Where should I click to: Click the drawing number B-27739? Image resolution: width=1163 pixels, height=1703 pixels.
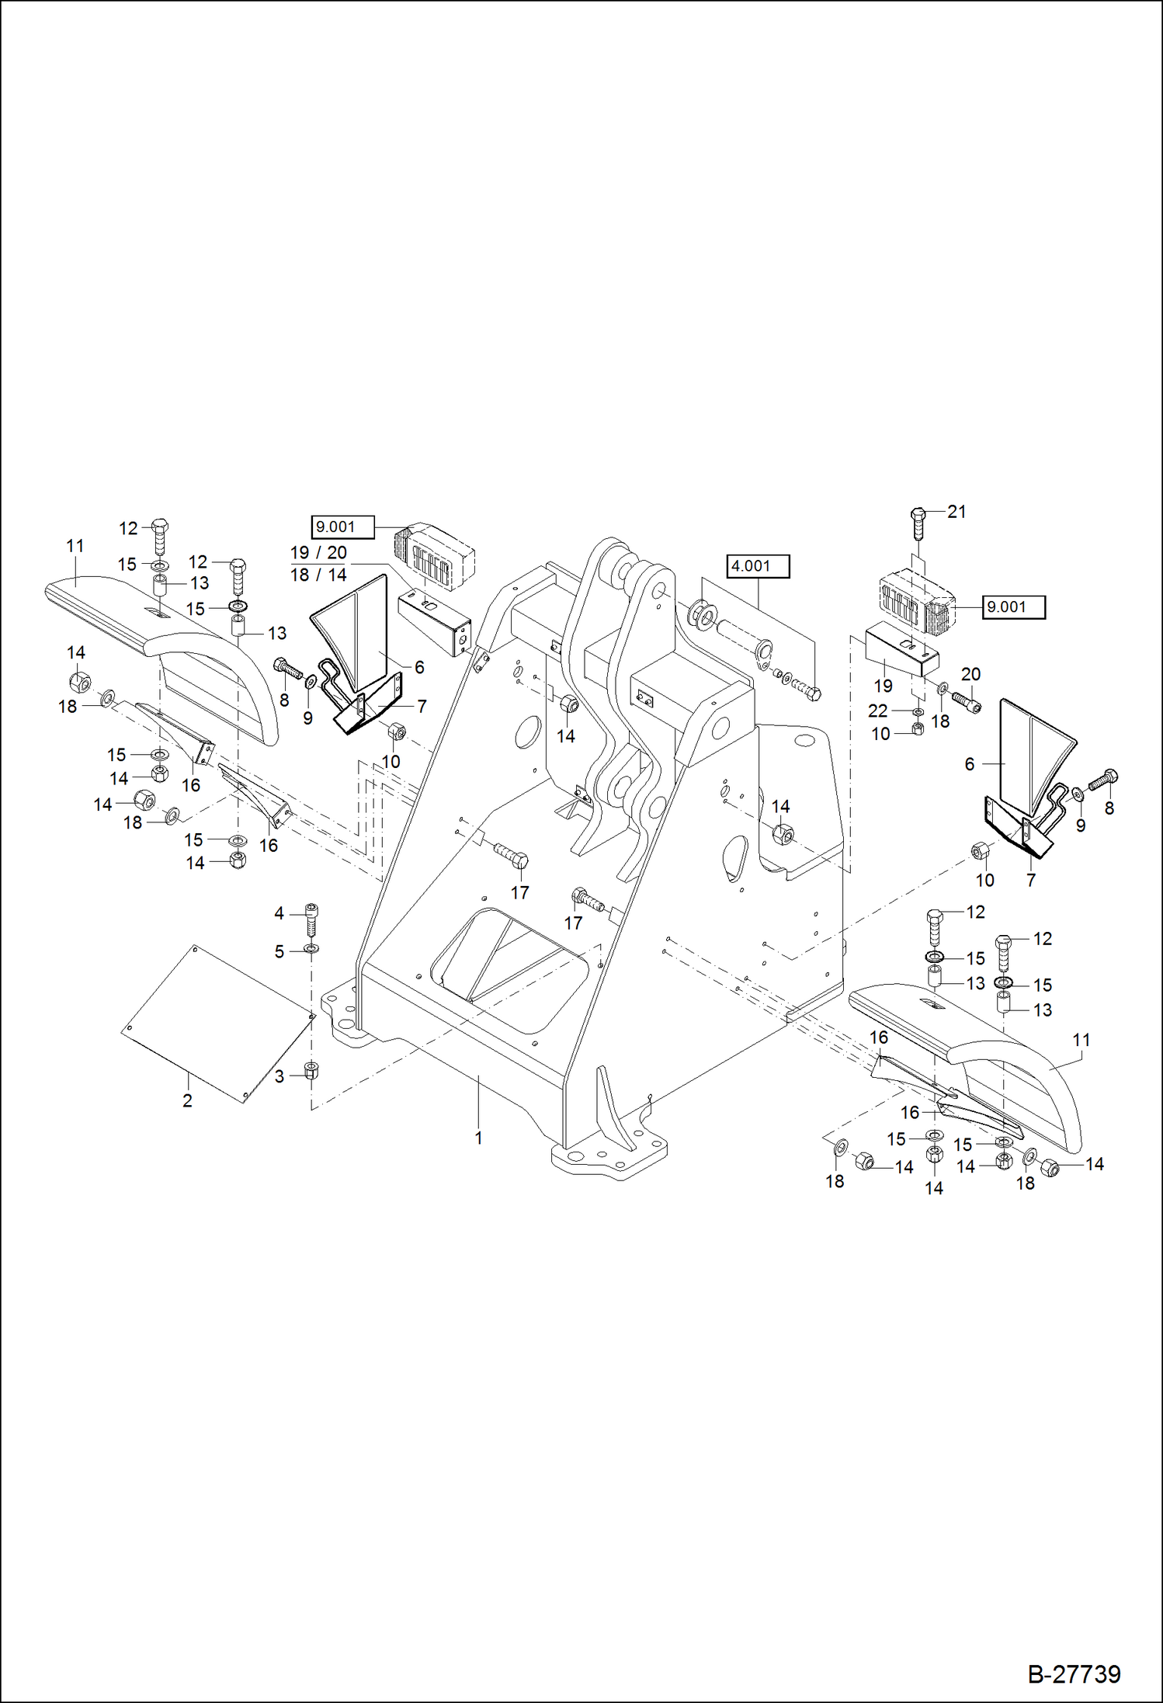[1074, 1673]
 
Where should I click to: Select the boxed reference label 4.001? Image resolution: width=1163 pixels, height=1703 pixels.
[758, 566]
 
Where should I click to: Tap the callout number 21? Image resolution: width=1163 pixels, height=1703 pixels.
[956, 512]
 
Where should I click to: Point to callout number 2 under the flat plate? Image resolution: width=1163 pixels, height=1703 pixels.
[187, 1100]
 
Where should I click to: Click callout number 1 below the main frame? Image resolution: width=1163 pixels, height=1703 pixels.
[479, 1138]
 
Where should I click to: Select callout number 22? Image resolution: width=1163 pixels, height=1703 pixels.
[877, 711]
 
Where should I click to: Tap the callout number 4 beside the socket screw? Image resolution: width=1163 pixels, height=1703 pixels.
[279, 914]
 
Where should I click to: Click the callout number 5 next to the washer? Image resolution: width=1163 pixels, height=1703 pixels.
[279, 951]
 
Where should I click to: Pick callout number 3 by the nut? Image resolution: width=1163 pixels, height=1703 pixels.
[279, 1076]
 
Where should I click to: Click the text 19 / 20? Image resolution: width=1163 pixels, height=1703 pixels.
[318, 553]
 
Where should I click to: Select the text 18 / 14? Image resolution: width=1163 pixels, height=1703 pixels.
[318, 575]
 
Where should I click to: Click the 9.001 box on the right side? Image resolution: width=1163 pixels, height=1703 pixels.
[1014, 607]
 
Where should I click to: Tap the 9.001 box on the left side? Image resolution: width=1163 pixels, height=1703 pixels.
[342, 527]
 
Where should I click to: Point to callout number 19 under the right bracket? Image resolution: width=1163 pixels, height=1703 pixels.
[884, 686]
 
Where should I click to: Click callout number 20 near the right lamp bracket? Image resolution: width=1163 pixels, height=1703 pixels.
[970, 674]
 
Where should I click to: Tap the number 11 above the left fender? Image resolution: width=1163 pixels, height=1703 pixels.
[75, 546]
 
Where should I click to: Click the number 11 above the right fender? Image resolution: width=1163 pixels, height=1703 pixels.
[1081, 1040]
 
